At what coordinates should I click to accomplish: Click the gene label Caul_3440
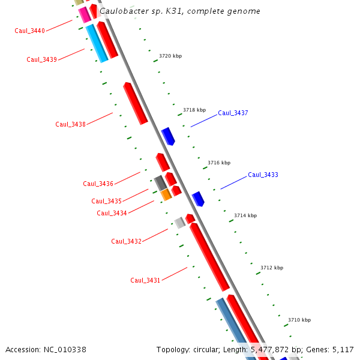pos(30,31)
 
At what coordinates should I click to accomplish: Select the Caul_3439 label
pos(42,59)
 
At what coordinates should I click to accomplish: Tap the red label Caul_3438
pos(70,124)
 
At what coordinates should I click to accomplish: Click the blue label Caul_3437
pos(233,113)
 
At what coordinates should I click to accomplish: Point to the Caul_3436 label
pos(98,184)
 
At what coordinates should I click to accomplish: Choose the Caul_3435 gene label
pos(106,201)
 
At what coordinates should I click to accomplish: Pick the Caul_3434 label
pos(112,213)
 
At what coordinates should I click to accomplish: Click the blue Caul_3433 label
pos(263,175)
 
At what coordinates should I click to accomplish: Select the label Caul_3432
pos(126,241)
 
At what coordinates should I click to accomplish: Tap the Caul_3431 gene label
pos(145,280)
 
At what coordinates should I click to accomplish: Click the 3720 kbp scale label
pos(170,56)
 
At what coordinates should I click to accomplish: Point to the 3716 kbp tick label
pos(219,163)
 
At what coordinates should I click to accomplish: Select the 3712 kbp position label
pos(272,268)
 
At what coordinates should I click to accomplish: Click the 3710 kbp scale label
pos(299,320)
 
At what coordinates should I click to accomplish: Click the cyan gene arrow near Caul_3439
pos(96,43)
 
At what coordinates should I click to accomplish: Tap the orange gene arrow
pos(166,194)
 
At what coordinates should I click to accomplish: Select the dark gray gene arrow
pos(160,183)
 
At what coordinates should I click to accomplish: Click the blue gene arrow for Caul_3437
pos(168,136)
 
